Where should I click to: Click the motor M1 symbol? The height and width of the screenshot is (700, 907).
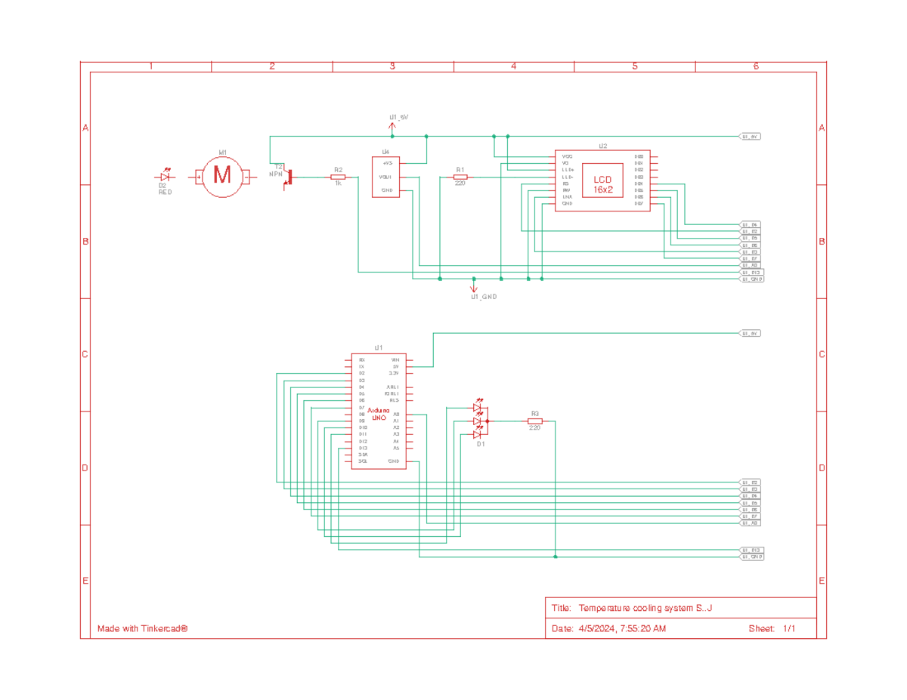coord(222,177)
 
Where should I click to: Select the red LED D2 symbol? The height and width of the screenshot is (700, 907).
coord(166,177)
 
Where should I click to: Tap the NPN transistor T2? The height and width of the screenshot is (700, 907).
coord(288,177)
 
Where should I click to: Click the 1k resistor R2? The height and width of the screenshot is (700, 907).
coord(338,177)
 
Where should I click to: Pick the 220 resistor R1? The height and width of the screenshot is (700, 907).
coord(460,177)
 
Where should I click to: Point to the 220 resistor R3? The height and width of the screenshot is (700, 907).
coord(534,421)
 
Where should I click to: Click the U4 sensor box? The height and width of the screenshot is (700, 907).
coord(385,177)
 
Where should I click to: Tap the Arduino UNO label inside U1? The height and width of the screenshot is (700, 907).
coord(378,413)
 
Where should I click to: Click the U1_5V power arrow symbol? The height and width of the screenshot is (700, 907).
coord(392,126)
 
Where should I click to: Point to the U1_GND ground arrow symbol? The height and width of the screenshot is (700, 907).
coord(474,288)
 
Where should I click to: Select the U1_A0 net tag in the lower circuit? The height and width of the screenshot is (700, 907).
coord(750,523)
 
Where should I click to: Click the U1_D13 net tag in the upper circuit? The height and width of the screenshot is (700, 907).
coord(751,272)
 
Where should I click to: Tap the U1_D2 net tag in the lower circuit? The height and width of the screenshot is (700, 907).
coord(750,482)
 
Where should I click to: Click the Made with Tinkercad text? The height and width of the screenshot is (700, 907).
coord(142,628)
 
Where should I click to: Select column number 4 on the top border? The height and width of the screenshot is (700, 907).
coord(513,66)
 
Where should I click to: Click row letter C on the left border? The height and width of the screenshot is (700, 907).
coord(85,354)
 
